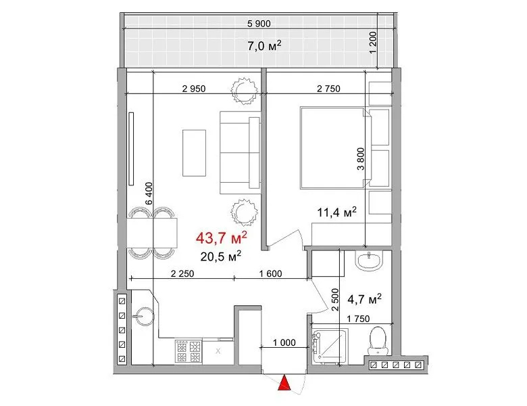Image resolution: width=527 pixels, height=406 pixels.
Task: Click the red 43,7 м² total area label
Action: pos(222,238)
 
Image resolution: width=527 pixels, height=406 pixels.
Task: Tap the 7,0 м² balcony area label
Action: pos(264,45)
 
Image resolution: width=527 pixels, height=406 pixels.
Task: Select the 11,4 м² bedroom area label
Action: pos(336,212)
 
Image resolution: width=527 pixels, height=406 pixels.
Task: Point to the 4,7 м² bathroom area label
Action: pos(364,298)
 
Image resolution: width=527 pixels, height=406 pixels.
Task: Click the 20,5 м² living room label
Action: pos(221,256)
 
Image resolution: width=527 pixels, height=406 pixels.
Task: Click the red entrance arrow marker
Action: pos(284,383)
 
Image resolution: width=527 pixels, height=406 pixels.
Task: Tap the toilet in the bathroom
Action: pos(378,340)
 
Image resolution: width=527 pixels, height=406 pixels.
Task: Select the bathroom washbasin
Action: pos(369,262)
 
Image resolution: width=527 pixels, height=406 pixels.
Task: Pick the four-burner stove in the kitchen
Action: pos(189,351)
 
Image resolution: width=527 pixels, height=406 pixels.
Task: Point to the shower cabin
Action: pos(330,346)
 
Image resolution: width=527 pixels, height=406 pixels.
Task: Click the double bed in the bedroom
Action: pos(335,148)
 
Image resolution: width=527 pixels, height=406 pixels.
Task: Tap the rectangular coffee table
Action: pos(194,153)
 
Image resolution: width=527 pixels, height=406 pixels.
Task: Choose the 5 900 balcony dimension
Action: pos(259,24)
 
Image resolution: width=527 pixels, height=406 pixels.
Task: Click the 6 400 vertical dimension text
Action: pos(149,194)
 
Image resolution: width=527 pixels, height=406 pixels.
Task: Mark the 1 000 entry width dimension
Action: pos(284,342)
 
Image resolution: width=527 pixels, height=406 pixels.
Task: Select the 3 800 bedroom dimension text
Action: pos(361,159)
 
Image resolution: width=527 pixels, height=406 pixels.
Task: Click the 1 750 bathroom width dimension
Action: pos(358,319)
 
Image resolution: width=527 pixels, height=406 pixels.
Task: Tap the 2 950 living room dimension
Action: pos(194,89)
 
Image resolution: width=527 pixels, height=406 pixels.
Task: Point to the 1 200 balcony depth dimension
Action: pos(373,43)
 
